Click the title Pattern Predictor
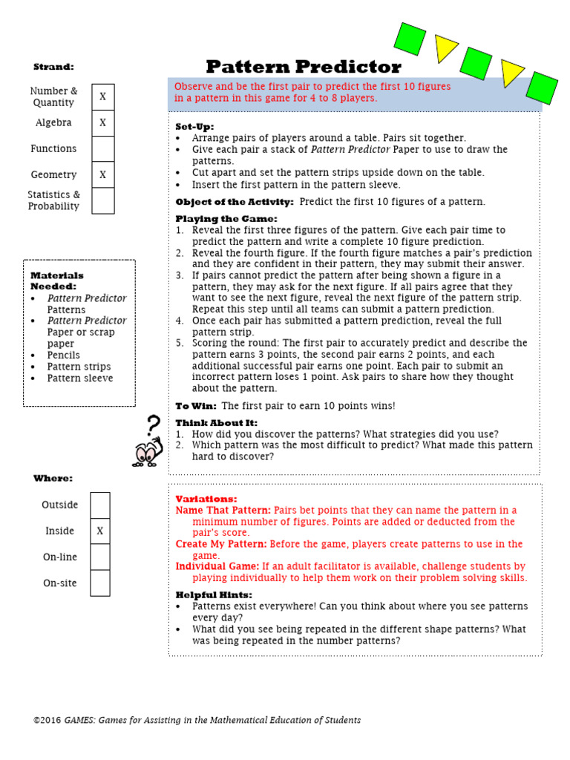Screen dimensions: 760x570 click(303, 67)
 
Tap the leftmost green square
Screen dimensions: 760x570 click(410, 38)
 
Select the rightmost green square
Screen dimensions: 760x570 click(542, 87)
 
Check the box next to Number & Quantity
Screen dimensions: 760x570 click(103, 96)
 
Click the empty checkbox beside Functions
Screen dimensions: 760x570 click(103, 148)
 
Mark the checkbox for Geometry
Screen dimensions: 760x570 click(103, 175)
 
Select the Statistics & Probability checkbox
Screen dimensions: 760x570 click(103, 200)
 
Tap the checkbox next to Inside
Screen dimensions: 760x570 click(100, 531)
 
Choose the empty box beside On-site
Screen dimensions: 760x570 click(100, 583)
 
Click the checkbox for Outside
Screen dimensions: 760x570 click(100, 505)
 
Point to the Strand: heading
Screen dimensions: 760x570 click(53, 67)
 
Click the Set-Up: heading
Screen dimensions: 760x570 click(194, 127)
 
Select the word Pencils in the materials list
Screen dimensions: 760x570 click(64, 356)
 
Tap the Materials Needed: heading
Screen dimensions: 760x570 click(56, 281)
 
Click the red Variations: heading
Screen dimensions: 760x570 click(206, 499)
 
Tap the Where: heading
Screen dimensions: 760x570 click(53, 479)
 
